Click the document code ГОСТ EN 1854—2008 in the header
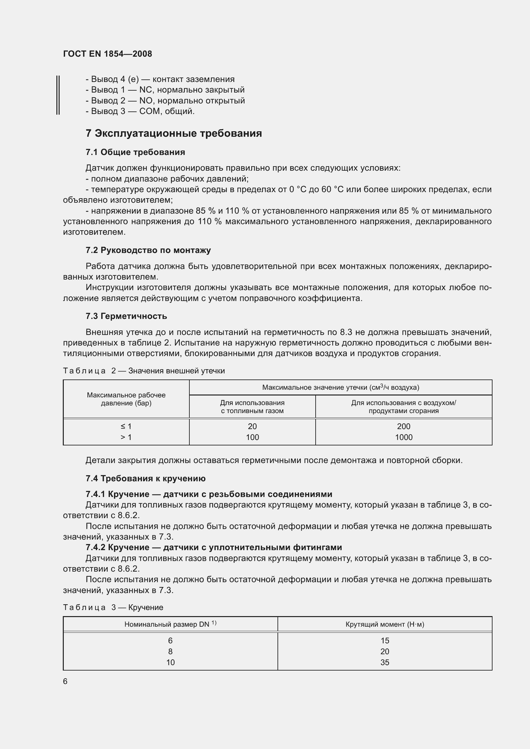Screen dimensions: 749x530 (x=107, y=54)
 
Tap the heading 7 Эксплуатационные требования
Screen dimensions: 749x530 (x=174, y=134)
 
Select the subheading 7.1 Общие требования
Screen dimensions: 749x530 (x=135, y=152)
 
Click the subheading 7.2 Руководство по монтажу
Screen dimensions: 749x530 (x=148, y=250)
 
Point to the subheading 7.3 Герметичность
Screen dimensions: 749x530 (x=126, y=316)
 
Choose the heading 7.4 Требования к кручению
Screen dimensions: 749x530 (x=145, y=478)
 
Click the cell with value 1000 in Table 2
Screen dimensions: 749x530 (x=403, y=437)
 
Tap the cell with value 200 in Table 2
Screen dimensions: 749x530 (x=403, y=426)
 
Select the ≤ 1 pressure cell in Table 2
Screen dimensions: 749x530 (x=126, y=426)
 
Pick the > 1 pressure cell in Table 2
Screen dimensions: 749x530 (x=126, y=437)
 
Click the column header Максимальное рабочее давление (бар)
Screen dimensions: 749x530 (x=126, y=399)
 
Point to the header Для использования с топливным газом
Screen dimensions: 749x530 (x=252, y=407)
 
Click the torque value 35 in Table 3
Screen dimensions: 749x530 (x=385, y=662)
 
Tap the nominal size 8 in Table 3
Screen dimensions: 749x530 (x=170, y=651)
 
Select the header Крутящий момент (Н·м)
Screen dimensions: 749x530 (x=385, y=624)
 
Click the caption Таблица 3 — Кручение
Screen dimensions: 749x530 (x=113, y=607)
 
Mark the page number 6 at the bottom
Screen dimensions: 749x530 (x=65, y=681)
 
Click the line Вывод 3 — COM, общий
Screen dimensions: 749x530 (x=140, y=111)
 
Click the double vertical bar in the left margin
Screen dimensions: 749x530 (x=58, y=94)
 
